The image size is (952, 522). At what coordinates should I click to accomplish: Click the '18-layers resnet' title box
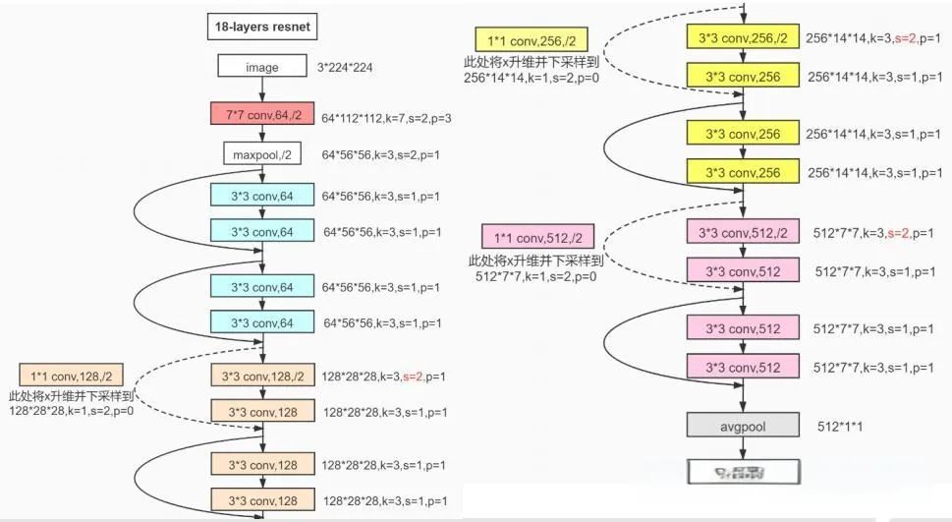262,26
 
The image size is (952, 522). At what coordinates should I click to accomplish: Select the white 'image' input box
262,67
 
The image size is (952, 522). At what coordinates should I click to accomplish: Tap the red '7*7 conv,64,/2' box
262,115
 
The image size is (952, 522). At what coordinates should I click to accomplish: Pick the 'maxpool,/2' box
262,154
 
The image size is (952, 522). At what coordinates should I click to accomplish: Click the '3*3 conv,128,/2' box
262,375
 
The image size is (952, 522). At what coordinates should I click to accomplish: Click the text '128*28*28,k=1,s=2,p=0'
71,411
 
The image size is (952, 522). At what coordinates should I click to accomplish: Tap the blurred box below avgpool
740,473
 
